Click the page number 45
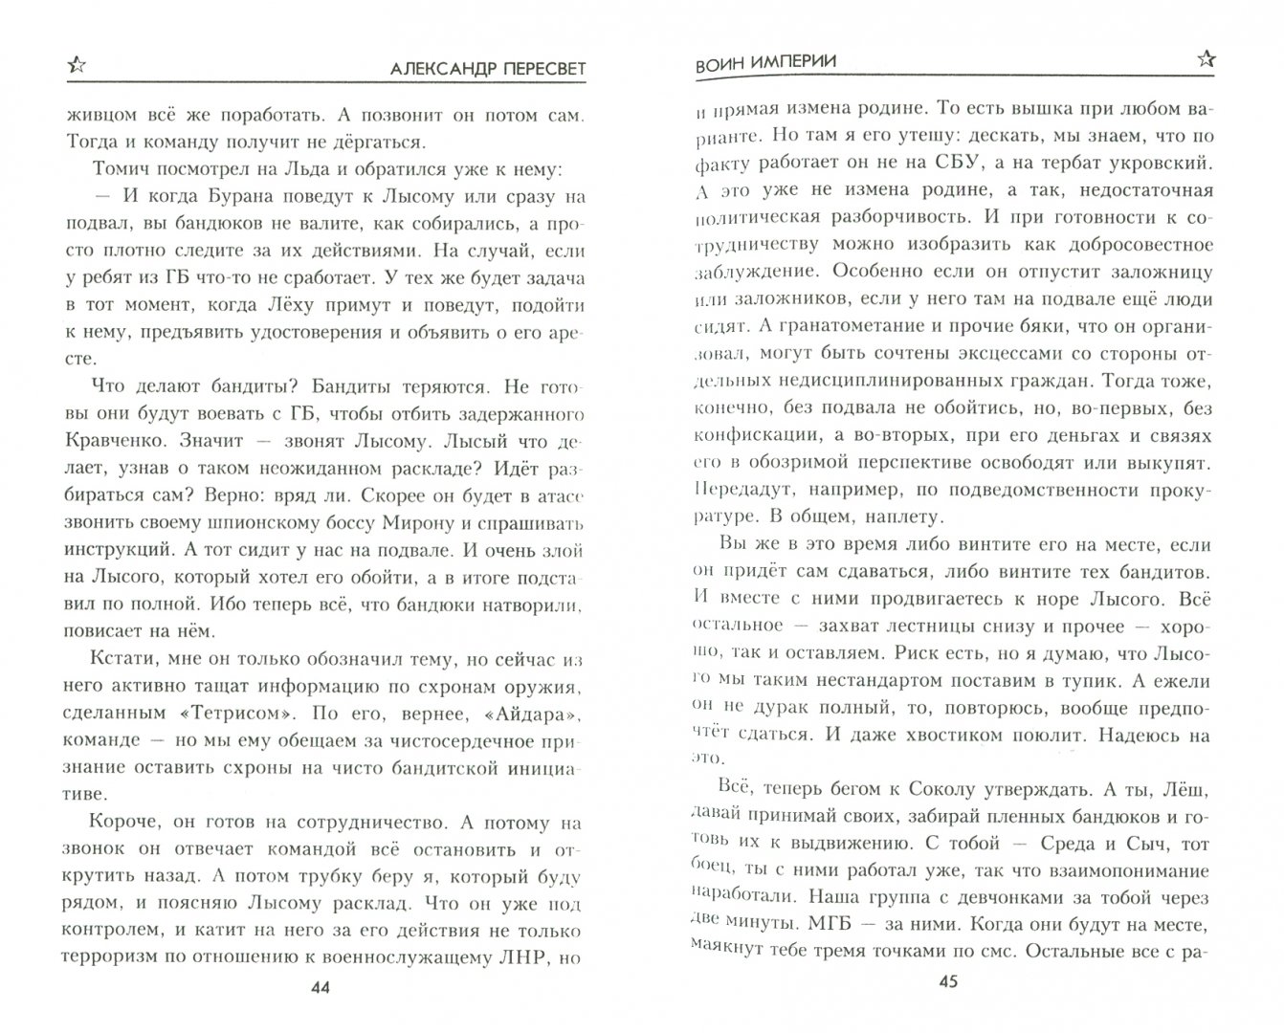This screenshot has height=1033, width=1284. pos(949,981)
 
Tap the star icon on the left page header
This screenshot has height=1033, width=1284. pos(77,64)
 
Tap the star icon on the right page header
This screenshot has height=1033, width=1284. pos(1207,59)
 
